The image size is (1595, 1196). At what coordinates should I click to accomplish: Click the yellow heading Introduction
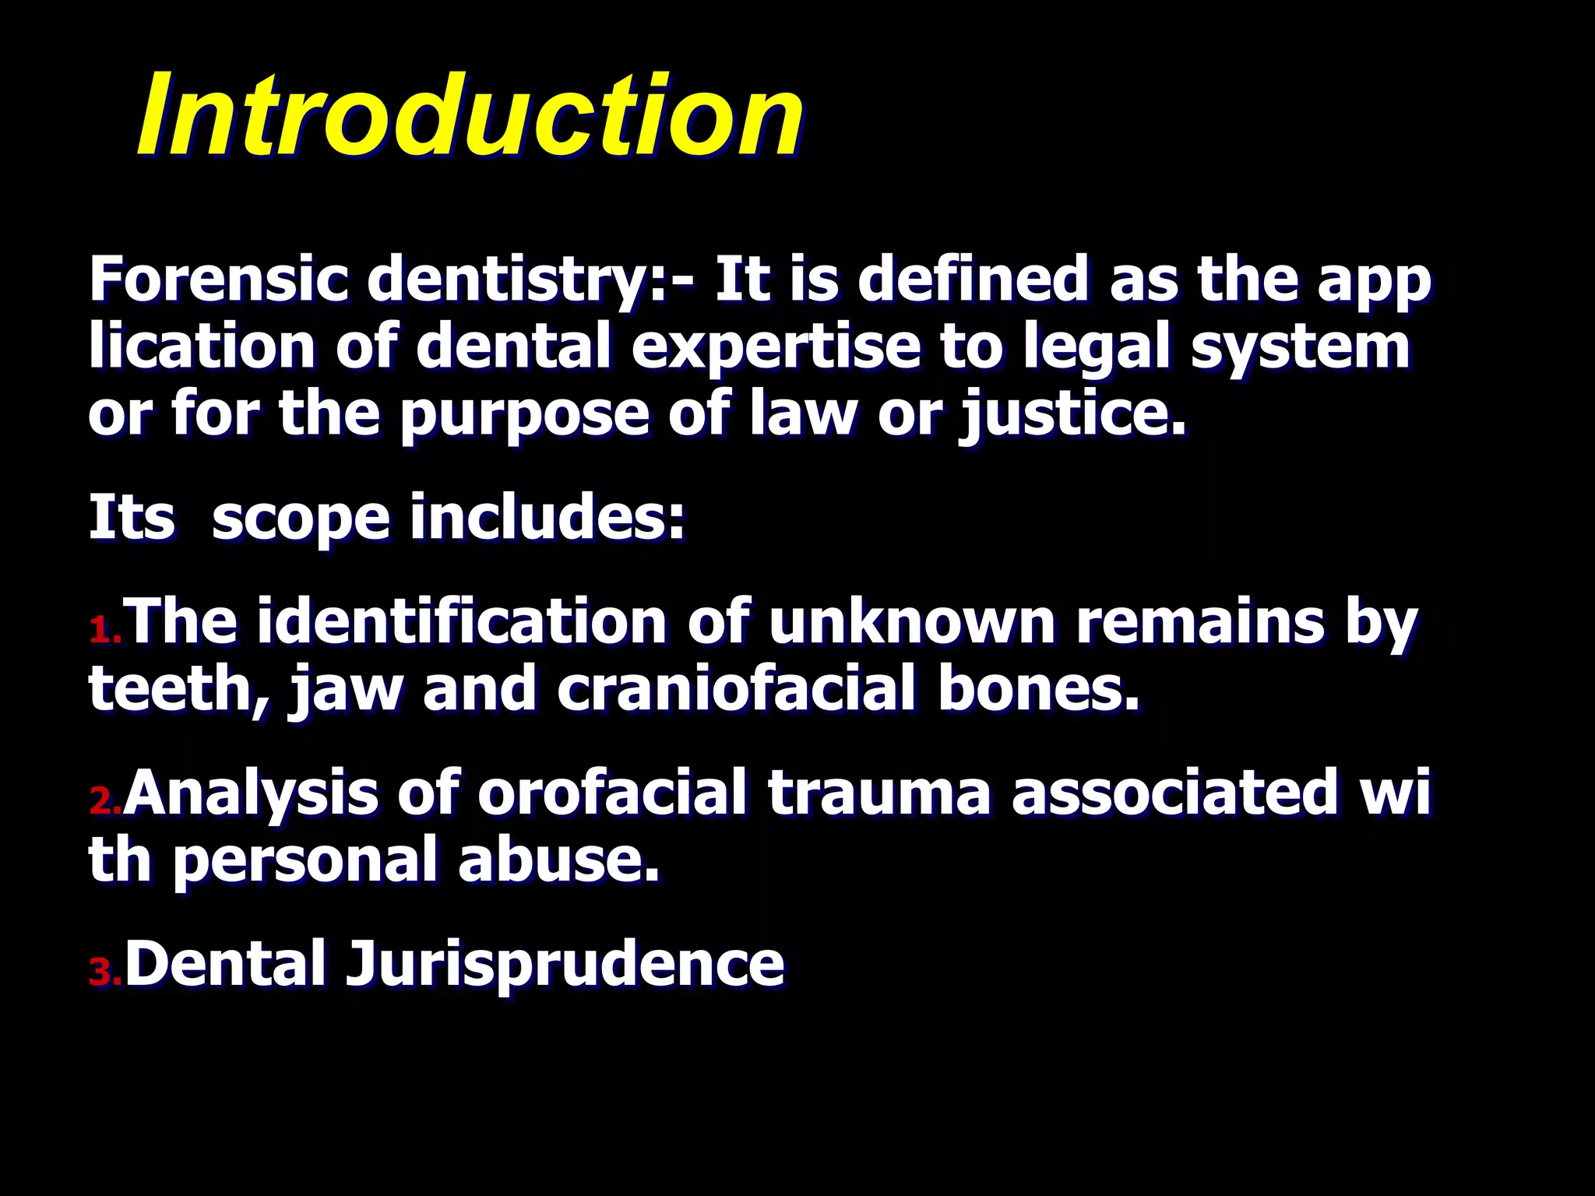(470, 115)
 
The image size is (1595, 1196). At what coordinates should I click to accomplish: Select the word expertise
(775, 348)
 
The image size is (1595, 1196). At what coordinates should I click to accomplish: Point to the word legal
(1099, 348)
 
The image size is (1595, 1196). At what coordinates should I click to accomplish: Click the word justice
(1072, 415)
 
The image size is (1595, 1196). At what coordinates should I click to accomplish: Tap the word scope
(301, 519)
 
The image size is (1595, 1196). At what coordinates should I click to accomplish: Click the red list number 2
(104, 800)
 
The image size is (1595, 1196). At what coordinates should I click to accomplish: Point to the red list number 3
(104, 972)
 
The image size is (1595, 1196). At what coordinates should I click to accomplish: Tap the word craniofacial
(736, 689)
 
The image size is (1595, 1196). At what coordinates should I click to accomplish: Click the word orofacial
(612, 793)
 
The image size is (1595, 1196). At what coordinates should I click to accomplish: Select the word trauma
(879, 793)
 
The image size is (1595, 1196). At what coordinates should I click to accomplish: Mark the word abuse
(558, 860)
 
